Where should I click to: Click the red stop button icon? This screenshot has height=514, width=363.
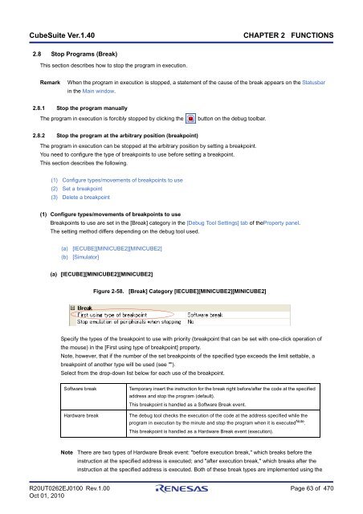click(x=190, y=119)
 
